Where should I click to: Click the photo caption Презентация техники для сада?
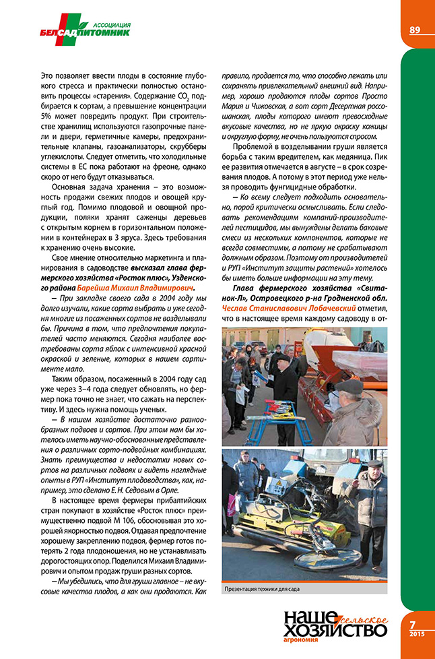[x=262, y=589]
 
